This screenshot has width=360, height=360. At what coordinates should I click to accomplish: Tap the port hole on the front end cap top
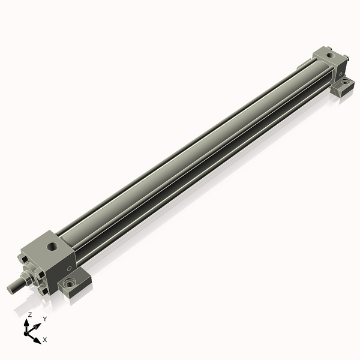tap(53, 247)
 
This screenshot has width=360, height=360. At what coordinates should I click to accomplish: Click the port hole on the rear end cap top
tap(331, 55)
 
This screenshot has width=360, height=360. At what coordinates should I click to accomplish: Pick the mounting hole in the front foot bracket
tap(70, 284)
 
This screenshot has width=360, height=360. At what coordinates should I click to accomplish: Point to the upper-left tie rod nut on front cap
tap(23, 260)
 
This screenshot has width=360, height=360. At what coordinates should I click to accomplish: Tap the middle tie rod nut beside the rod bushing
tap(39, 275)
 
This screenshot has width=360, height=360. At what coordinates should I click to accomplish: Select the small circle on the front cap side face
tap(70, 268)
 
